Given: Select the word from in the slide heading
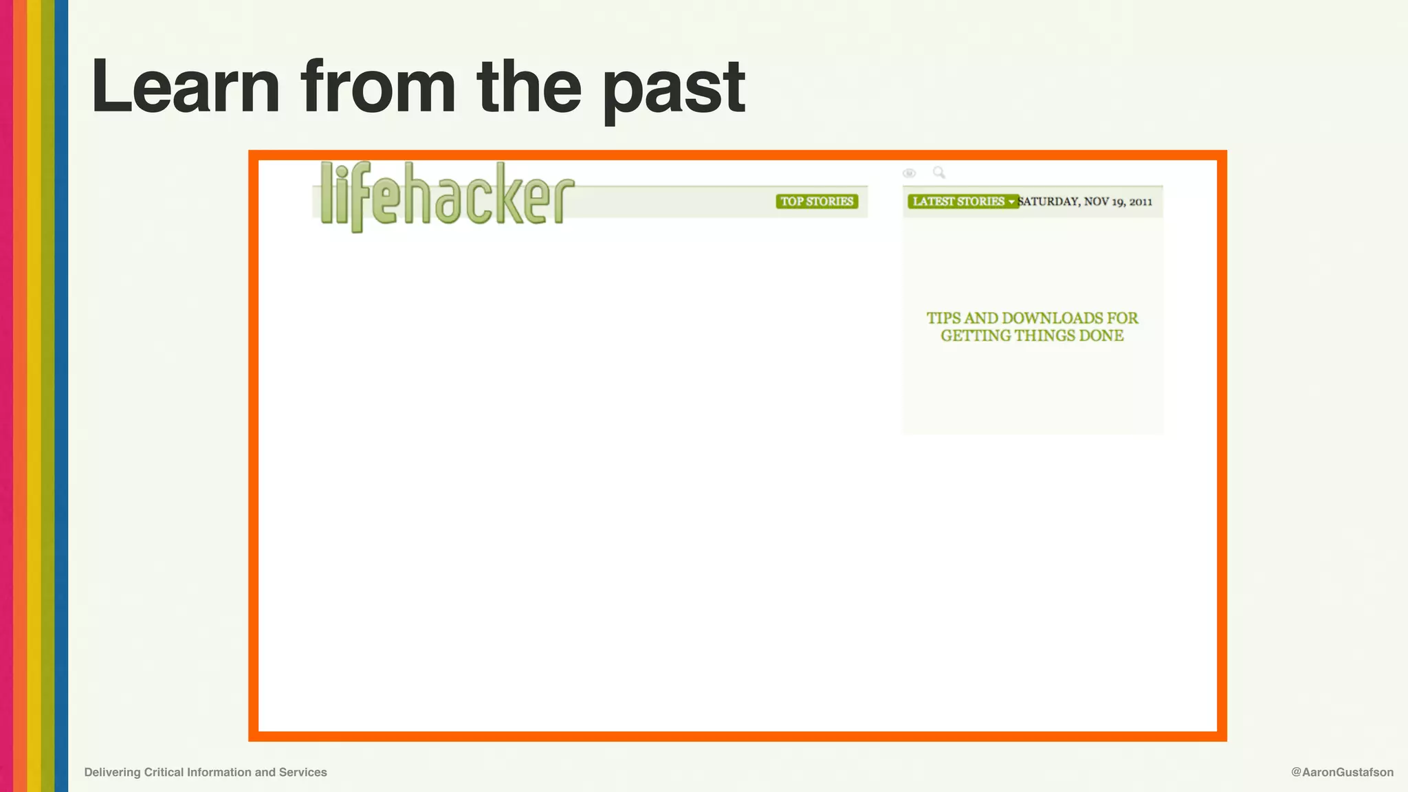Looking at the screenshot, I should point(378,87).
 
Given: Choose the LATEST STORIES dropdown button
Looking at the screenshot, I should point(962,201).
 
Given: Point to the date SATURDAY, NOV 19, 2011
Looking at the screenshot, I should point(1085,201).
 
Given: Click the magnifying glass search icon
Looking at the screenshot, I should point(938,173).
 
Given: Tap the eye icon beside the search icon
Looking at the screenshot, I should point(909,173).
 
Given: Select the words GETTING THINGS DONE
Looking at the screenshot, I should point(1032,336).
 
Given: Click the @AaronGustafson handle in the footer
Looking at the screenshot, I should point(1342,772).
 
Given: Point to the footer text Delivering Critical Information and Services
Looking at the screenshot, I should point(206,772).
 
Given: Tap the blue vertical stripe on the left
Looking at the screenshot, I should point(61,396).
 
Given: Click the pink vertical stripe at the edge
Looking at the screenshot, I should point(6,396).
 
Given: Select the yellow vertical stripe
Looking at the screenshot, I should point(34,396).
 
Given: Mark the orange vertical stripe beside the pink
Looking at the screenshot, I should point(20,396).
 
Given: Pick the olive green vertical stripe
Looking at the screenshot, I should point(47,396).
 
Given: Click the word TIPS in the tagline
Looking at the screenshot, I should point(943,318).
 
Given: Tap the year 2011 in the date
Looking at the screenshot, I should point(1141,202).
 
